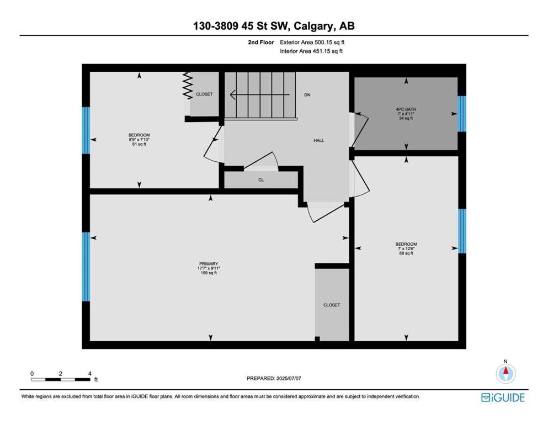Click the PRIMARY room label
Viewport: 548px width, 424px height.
pyautogui.click(x=209, y=264)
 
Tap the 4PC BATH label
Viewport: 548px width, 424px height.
pyautogui.click(x=406, y=109)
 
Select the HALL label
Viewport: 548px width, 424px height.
pyautogui.click(x=319, y=141)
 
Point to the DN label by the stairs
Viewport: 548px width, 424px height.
pyautogui.click(x=307, y=95)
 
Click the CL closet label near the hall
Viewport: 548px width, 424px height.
pyautogui.click(x=261, y=180)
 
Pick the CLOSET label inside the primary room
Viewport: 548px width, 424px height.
pyautogui.click(x=332, y=305)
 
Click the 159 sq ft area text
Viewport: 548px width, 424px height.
pyautogui.click(x=209, y=273)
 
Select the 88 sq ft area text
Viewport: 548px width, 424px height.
pyautogui.click(x=406, y=253)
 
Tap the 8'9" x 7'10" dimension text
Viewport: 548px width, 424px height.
pyautogui.click(x=139, y=140)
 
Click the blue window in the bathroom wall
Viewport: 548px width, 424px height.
pyautogui.click(x=462, y=114)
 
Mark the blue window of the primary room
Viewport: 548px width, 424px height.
pyautogui.click(x=86, y=267)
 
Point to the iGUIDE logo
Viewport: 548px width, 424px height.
pyautogui.click(x=503, y=398)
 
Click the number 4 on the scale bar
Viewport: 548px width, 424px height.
pyautogui.click(x=90, y=374)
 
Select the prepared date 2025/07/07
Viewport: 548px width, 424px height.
pyautogui.click(x=289, y=378)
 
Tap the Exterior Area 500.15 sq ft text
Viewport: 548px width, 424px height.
pyautogui.click(x=312, y=43)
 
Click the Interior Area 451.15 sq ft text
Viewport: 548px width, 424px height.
pyautogui.click(x=311, y=51)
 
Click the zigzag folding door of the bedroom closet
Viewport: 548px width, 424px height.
pyautogui.click(x=188, y=86)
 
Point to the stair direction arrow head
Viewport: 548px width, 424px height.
pyautogui.click(x=232, y=95)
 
